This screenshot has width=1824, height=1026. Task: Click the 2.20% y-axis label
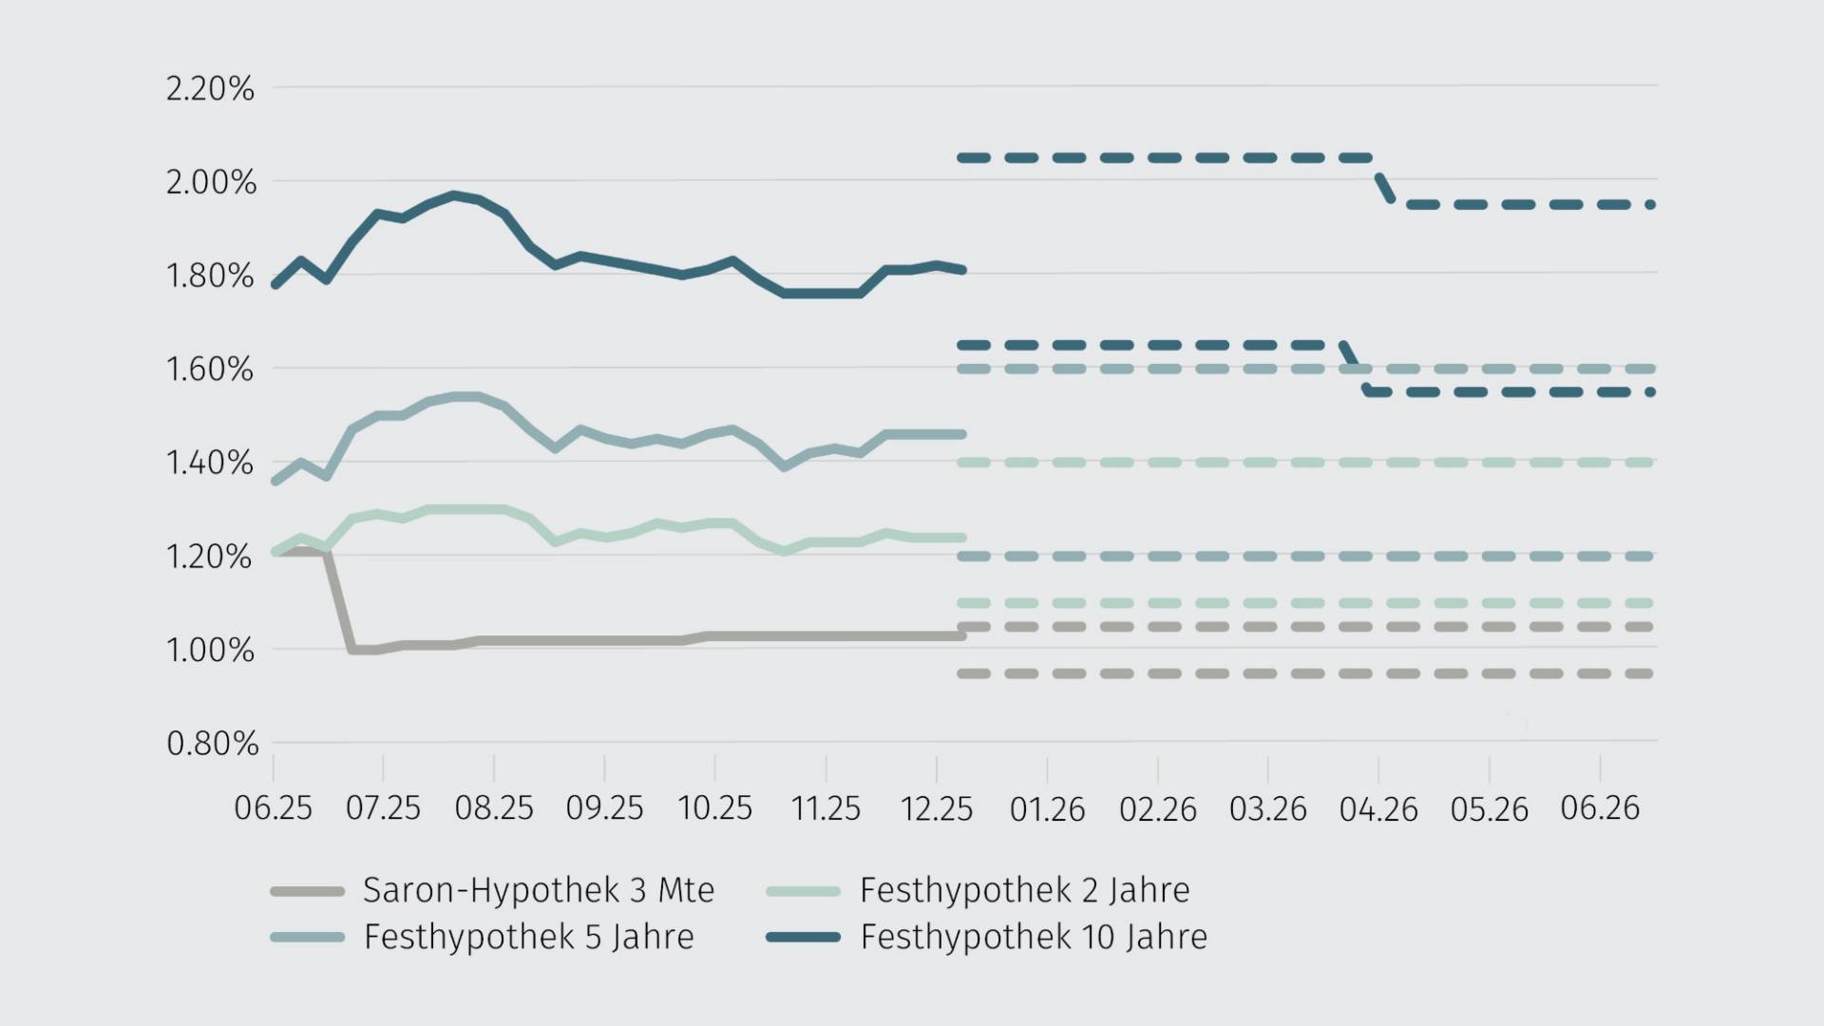point(210,88)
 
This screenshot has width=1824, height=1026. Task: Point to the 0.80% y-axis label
point(212,743)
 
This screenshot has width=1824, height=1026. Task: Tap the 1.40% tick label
point(210,463)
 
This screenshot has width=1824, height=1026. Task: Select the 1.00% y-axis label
point(210,650)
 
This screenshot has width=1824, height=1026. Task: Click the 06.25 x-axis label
point(273,808)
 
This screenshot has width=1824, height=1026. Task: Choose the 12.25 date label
point(936,808)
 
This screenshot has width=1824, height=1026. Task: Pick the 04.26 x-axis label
point(1377,809)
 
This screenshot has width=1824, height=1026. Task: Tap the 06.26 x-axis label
point(1600,808)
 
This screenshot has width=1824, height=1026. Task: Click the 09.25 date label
point(604,808)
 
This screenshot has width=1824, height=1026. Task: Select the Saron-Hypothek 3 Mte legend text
point(538,890)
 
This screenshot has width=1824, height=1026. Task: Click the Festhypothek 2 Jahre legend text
point(1024,890)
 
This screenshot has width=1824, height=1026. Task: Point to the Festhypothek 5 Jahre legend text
point(528,937)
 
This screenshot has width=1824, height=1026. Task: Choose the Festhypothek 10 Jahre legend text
point(1034,937)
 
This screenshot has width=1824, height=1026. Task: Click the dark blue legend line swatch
point(803,938)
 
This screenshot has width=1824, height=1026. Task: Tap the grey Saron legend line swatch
point(307,891)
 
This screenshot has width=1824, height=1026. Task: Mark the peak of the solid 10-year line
point(454,195)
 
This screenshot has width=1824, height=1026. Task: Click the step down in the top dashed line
point(1383,181)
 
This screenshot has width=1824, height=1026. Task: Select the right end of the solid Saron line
point(962,636)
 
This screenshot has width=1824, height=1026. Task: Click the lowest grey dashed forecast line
point(1306,674)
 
